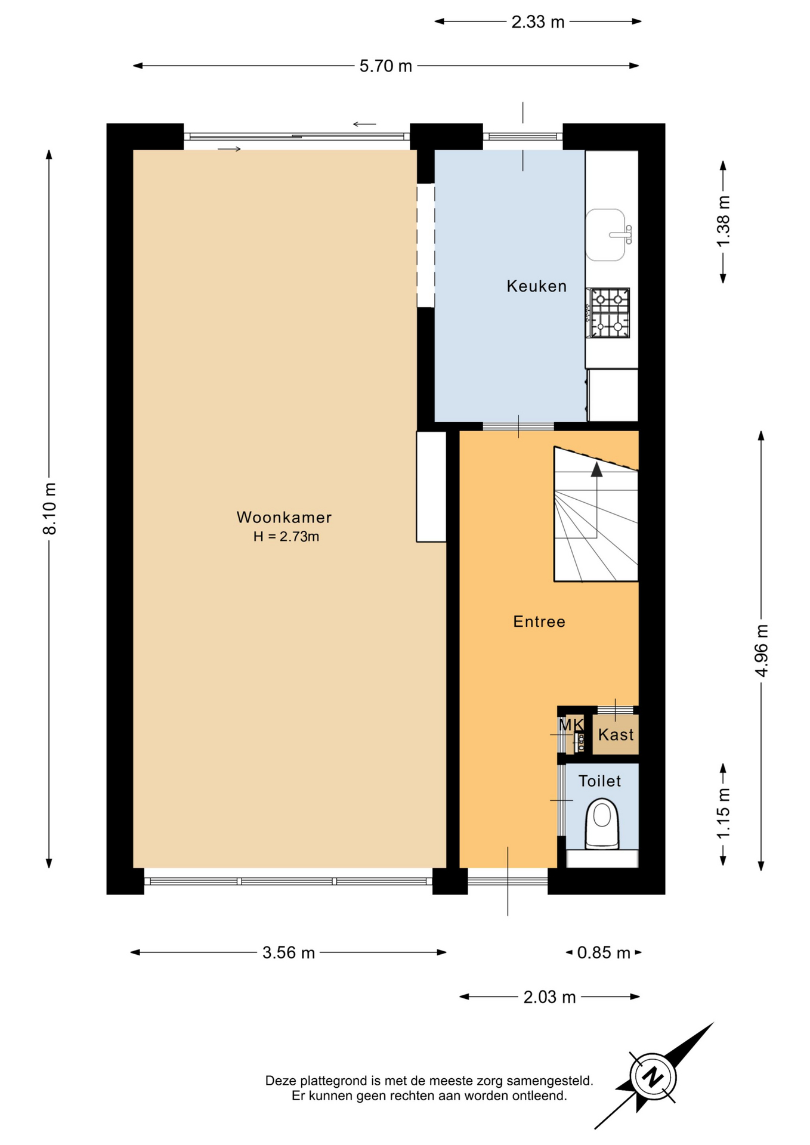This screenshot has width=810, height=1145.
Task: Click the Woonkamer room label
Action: [284, 517]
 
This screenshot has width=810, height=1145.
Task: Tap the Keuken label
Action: [537, 286]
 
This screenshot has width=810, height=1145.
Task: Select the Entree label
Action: [539, 621]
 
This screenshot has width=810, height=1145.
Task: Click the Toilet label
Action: [600, 781]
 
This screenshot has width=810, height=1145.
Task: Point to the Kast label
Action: [616, 735]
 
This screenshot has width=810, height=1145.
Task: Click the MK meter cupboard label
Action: [571, 725]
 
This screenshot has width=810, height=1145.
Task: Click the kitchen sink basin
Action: [605, 235]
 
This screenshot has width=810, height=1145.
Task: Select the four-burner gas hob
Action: [610, 312]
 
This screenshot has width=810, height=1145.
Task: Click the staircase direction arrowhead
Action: [596, 469]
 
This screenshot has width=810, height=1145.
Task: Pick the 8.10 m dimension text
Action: [50, 509]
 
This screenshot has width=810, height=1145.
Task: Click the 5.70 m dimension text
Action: [386, 66]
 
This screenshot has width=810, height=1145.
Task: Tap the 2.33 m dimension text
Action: [538, 22]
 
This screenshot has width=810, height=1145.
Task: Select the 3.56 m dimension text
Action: [289, 952]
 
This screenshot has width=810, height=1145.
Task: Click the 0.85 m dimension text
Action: [604, 952]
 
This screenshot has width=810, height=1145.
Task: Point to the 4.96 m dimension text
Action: [762, 650]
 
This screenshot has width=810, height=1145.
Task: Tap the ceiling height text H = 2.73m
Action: [286, 537]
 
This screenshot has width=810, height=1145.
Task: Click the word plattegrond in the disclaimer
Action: [334, 1081]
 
